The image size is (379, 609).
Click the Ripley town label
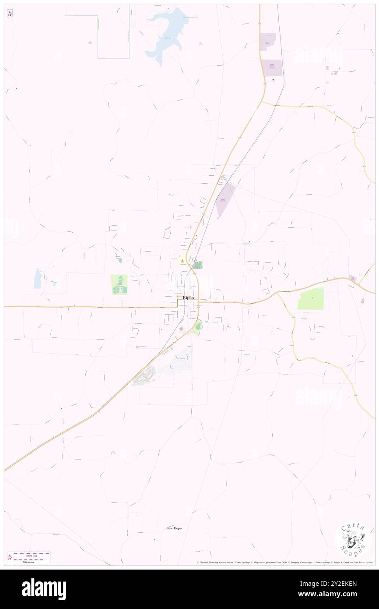coord(189,297)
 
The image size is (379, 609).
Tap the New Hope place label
coord(174,528)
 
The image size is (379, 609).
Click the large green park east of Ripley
coord(311,299)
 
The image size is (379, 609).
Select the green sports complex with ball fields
coord(119,285)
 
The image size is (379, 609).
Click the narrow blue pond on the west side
coord(38,278)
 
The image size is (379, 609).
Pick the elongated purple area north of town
coord(225,198)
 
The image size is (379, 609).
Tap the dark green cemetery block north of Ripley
coord(198,265)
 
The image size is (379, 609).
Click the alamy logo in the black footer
coord(44,589)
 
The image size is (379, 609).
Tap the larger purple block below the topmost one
coord(272,67)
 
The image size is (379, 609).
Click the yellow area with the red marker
coord(181,260)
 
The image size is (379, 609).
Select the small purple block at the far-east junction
coord(353,278)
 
